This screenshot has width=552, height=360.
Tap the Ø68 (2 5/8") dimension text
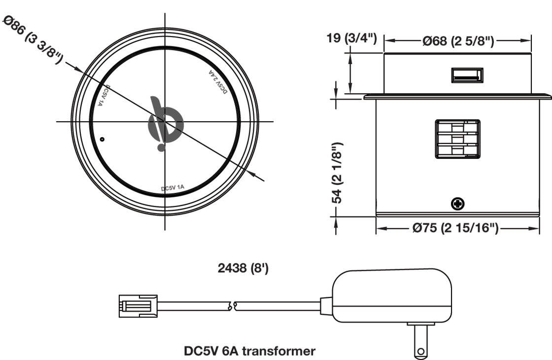click(x=458, y=41)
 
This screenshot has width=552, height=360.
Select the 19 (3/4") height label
click(x=352, y=38)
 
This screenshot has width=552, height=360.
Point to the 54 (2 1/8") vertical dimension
click(x=338, y=173)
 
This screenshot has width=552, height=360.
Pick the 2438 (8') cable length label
click(x=243, y=269)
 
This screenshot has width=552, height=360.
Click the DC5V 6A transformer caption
click(x=249, y=351)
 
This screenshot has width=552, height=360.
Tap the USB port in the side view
click(x=467, y=75)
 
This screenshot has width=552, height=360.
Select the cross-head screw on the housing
click(x=458, y=203)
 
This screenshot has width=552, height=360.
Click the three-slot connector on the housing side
click(x=457, y=139)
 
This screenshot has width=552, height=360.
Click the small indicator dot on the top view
click(x=102, y=140)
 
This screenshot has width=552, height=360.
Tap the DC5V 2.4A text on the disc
click(x=217, y=82)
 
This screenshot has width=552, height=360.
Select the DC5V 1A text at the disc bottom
click(x=172, y=188)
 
